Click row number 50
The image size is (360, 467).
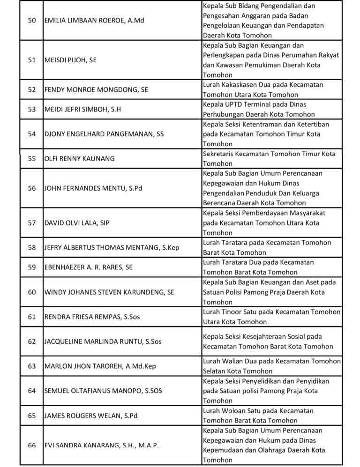click(x=31, y=21)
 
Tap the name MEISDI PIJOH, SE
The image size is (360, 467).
click(x=70, y=60)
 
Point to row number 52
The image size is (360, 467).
click(x=31, y=89)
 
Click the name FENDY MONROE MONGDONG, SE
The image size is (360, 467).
click(x=96, y=89)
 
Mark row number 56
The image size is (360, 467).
click(x=31, y=188)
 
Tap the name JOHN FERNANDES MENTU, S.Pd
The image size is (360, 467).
click(x=93, y=188)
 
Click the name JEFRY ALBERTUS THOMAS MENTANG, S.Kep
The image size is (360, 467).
click(x=112, y=247)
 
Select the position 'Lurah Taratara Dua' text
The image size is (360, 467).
click(x=258, y=267)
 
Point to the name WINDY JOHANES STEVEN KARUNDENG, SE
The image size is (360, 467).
click(x=109, y=292)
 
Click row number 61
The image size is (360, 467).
click(x=31, y=317)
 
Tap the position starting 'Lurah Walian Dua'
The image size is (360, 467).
click(x=271, y=366)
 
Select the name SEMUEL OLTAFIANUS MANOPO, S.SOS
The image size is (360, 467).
click(x=103, y=391)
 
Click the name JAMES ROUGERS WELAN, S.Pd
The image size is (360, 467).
click(x=90, y=415)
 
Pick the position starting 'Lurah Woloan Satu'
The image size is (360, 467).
click(x=258, y=415)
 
